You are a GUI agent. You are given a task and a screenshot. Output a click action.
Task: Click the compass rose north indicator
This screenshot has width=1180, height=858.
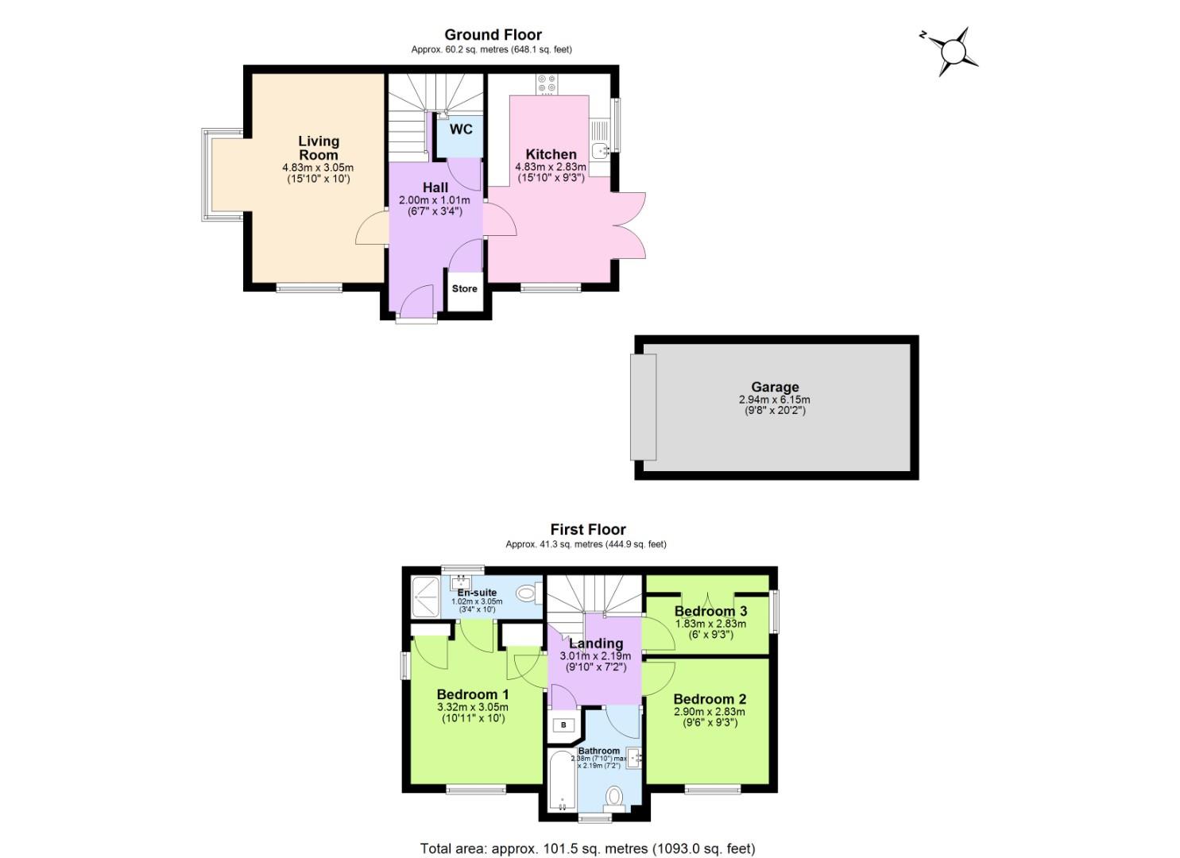(950, 52)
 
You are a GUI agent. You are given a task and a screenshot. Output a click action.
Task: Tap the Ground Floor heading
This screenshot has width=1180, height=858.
(493, 34)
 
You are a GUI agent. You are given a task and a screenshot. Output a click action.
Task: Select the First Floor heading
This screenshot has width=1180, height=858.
(588, 529)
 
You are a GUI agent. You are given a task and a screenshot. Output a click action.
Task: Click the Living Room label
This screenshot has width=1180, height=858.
(319, 148)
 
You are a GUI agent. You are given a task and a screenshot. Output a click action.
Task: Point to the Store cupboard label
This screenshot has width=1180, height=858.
(464, 288)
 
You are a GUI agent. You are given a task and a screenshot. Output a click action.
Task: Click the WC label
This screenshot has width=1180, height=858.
(461, 129)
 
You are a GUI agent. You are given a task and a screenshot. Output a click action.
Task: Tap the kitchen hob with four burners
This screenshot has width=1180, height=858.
(547, 83)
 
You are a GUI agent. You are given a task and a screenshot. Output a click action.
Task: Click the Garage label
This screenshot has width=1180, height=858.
(775, 387)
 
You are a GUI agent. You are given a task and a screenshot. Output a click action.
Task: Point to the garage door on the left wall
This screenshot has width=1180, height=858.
(644, 407)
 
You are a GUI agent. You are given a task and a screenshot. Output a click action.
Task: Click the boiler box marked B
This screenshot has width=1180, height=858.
(563, 725)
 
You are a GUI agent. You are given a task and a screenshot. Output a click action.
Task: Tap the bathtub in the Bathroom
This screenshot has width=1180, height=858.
(561, 780)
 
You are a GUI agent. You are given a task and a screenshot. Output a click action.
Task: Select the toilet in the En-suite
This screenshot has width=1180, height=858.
(527, 593)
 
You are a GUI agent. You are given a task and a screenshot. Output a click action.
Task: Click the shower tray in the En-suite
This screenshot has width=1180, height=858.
(425, 596)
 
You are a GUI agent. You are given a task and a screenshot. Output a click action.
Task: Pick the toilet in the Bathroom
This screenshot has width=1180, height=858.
(613, 796)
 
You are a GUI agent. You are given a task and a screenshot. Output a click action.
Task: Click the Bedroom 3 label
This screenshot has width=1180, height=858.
(710, 611)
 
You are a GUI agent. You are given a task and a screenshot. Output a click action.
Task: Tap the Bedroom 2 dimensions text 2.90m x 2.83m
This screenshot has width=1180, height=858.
(710, 712)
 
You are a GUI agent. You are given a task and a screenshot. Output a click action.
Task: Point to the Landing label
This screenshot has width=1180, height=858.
(595, 643)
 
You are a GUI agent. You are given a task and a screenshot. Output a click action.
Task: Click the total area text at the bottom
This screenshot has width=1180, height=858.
(587, 848)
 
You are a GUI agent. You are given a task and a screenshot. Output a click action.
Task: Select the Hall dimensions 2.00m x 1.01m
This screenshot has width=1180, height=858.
(435, 200)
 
